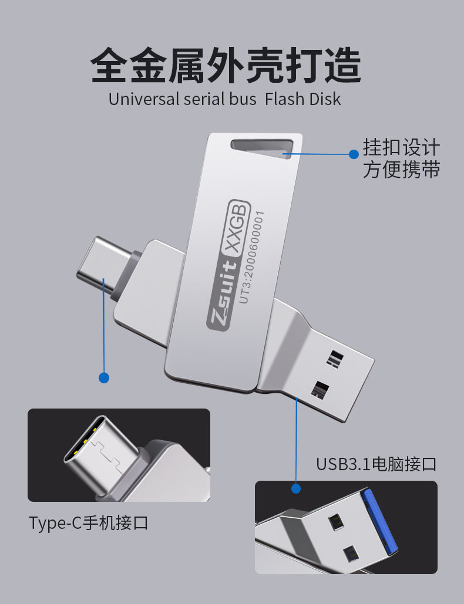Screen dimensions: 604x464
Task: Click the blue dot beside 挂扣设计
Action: [354, 154]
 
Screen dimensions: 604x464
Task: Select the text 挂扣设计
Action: [401, 147]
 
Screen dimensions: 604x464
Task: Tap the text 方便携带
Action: [401, 170]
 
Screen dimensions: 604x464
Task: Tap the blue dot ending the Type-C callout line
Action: [104, 377]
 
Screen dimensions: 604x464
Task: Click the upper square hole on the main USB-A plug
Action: [335, 358]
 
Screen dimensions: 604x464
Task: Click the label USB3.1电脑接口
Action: [376, 464]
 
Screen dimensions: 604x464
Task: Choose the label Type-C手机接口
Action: [89, 523]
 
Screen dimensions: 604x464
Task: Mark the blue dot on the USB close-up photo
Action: [296, 488]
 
